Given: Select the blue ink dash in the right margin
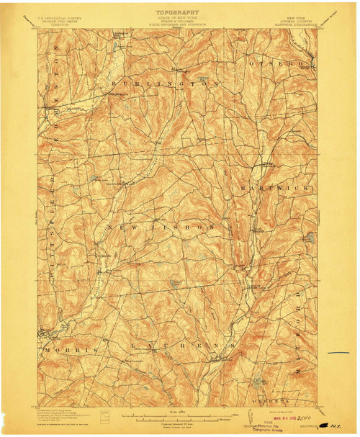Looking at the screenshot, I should [338, 353].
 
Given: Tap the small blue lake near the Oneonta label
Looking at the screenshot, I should [258, 381].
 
